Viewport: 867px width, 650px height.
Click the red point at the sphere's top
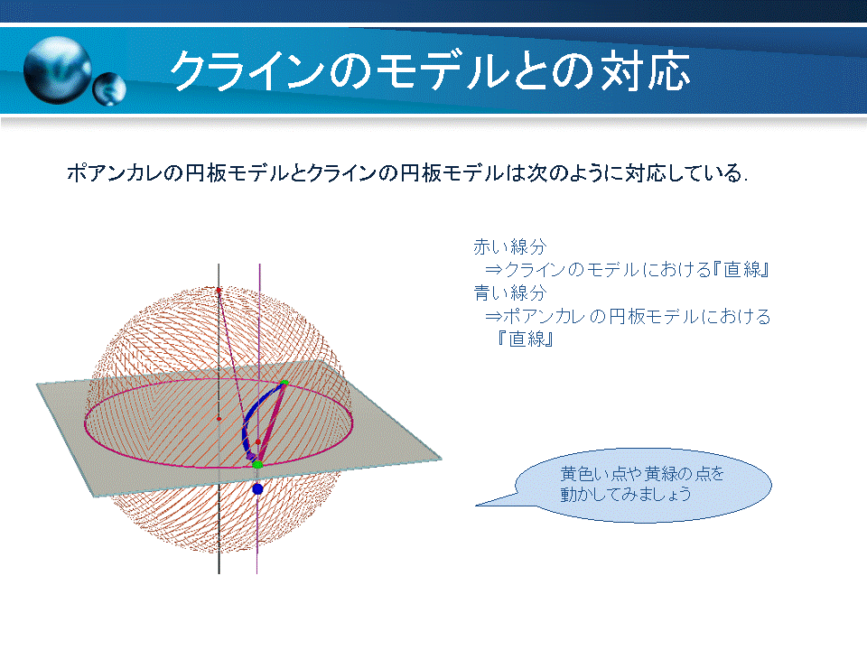point(219,290)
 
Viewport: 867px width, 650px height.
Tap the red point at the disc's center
point(219,419)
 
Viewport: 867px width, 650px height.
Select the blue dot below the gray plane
point(257,488)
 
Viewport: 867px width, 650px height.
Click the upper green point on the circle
point(284,383)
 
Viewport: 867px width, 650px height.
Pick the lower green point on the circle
point(257,465)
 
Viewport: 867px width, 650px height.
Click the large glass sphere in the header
point(58,70)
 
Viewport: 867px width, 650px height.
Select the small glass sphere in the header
point(109,89)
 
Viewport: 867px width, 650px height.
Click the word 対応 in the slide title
point(646,70)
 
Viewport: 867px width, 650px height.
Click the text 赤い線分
point(509,246)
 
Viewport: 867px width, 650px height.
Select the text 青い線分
point(509,292)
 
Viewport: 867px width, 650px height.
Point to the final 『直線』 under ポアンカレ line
point(525,339)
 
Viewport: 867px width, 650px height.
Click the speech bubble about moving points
point(642,485)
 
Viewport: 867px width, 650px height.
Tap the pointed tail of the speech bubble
point(477,506)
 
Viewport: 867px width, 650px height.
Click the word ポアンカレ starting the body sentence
point(115,173)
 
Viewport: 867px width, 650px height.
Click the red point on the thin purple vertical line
point(258,442)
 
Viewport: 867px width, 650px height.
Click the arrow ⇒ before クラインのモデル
point(494,270)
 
